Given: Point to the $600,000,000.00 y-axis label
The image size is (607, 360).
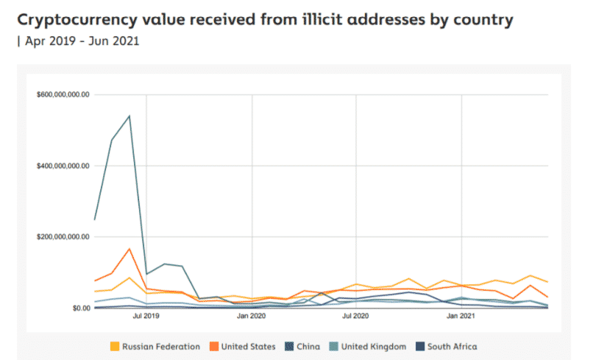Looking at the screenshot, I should (x=63, y=95).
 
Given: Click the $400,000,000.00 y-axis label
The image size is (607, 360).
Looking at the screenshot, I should (x=63, y=166).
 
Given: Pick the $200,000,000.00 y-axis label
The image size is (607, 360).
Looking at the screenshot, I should (x=63, y=237).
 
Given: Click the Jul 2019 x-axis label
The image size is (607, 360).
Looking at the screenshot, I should (x=146, y=317).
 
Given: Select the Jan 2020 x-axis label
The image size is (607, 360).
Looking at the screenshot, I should (x=252, y=317).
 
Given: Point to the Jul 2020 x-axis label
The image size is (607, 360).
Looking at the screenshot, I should (x=356, y=317).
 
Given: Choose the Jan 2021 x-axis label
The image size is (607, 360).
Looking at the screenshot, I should (x=461, y=317).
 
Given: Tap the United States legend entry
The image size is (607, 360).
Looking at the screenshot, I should (x=247, y=346).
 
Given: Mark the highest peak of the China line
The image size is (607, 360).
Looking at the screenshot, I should (x=129, y=116).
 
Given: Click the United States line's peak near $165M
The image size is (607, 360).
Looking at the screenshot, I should (x=129, y=249).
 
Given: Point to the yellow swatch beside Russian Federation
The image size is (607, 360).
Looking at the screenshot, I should (x=113, y=346).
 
